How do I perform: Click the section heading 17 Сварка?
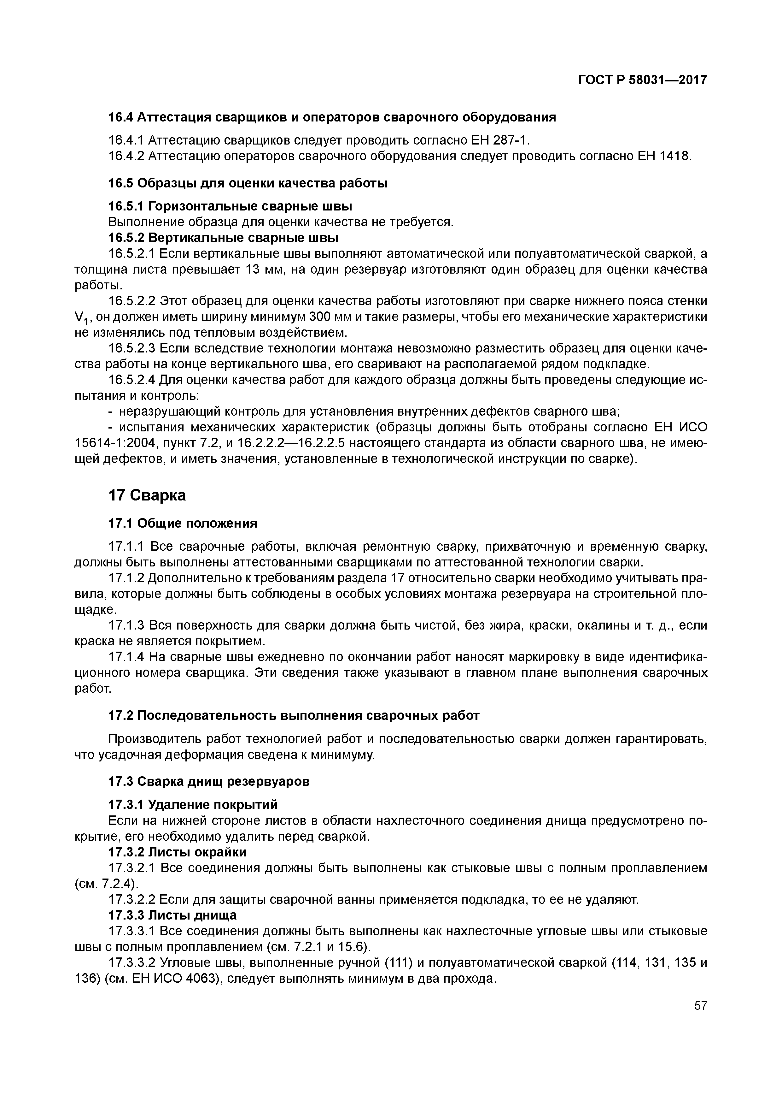tap(147, 495)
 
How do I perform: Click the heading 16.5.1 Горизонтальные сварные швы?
tap(230, 206)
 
